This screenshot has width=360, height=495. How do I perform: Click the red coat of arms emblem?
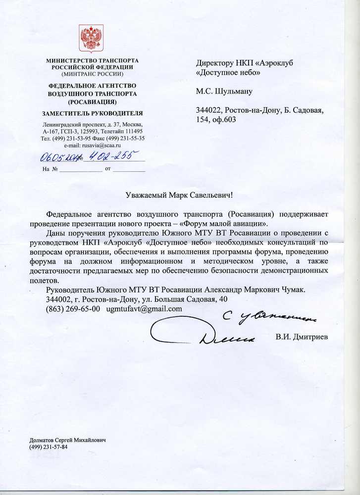tap(91, 39)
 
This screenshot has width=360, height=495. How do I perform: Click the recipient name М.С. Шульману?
tap(224, 91)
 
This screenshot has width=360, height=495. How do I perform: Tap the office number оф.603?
tap(224, 119)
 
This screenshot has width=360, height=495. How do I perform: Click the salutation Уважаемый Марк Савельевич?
tap(180, 195)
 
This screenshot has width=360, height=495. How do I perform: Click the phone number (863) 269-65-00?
tap(73, 308)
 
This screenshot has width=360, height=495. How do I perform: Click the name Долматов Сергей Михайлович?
tap(68, 440)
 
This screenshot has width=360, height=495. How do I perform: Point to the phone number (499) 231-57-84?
tap(49, 447)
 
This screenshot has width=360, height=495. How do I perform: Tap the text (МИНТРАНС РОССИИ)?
tap(93, 74)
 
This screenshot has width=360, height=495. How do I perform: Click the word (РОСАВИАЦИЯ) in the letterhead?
tap(93, 101)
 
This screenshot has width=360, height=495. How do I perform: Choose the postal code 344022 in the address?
tap(209, 110)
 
